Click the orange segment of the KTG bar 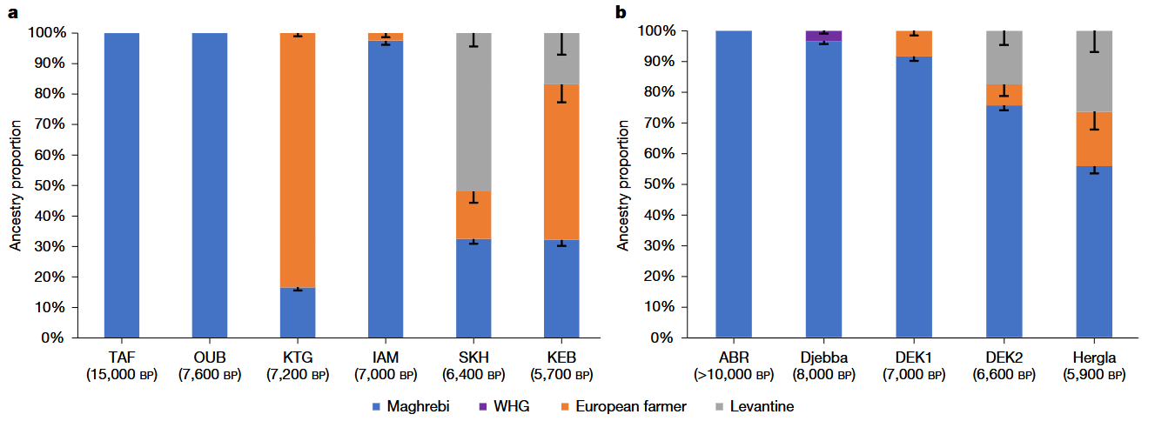[x=298, y=160]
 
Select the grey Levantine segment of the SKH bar [x=473, y=112]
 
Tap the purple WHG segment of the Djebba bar [x=824, y=36]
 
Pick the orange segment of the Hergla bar [x=1094, y=139]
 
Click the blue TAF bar [x=122, y=185]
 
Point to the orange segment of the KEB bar [x=561, y=162]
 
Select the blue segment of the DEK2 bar [x=1004, y=222]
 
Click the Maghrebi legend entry [x=411, y=406]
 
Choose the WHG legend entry [x=504, y=406]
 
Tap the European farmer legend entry [x=624, y=406]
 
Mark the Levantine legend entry [x=755, y=406]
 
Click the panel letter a [x=13, y=12]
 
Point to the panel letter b [x=621, y=11]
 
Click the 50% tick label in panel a [x=50, y=185]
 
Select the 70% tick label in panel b [x=659, y=124]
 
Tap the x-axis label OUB [x=210, y=358]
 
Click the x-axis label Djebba [x=824, y=358]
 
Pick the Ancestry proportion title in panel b [x=623, y=185]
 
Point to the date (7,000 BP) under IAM [x=386, y=375]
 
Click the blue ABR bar [x=734, y=184]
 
